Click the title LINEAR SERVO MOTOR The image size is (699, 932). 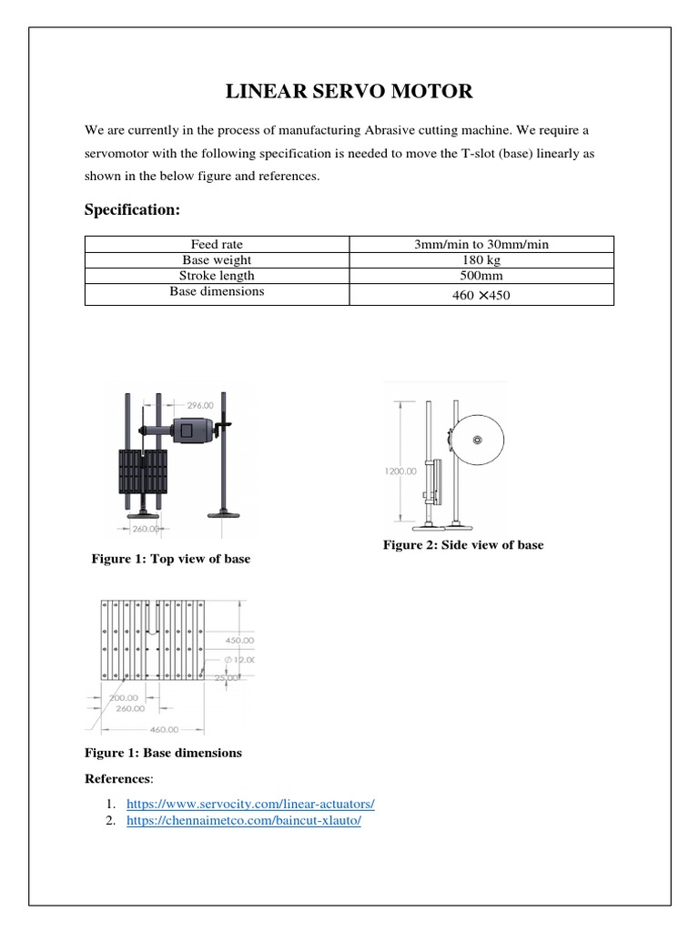pyautogui.click(x=349, y=91)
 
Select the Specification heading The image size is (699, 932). pyautogui.click(x=133, y=210)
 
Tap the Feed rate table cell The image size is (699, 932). pyautogui.click(x=217, y=244)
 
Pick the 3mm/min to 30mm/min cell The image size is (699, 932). pyautogui.click(x=481, y=244)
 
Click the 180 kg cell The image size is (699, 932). pyautogui.click(x=481, y=259)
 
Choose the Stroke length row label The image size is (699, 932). pyautogui.click(x=217, y=275)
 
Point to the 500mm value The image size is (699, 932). pyautogui.click(x=481, y=275)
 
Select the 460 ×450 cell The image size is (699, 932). pyautogui.click(x=481, y=295)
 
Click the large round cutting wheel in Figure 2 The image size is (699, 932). pyautogui.click(x=477, y=441)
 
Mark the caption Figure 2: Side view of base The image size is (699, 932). pyautogui.click(x=462, y=545)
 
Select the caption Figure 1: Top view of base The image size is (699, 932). pyautogui.click(x=170, y=559)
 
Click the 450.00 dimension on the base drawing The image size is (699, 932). pyautogui.click(x=240, y=640)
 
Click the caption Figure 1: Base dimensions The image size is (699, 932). pyautogui.click(x=163, y=754)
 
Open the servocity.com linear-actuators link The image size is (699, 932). pyautogui.click(x=250, y=805)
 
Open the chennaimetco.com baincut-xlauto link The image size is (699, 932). pyautogui.click(x=244, y=820)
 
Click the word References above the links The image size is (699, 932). pyautogui.click(x=118, y=779)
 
